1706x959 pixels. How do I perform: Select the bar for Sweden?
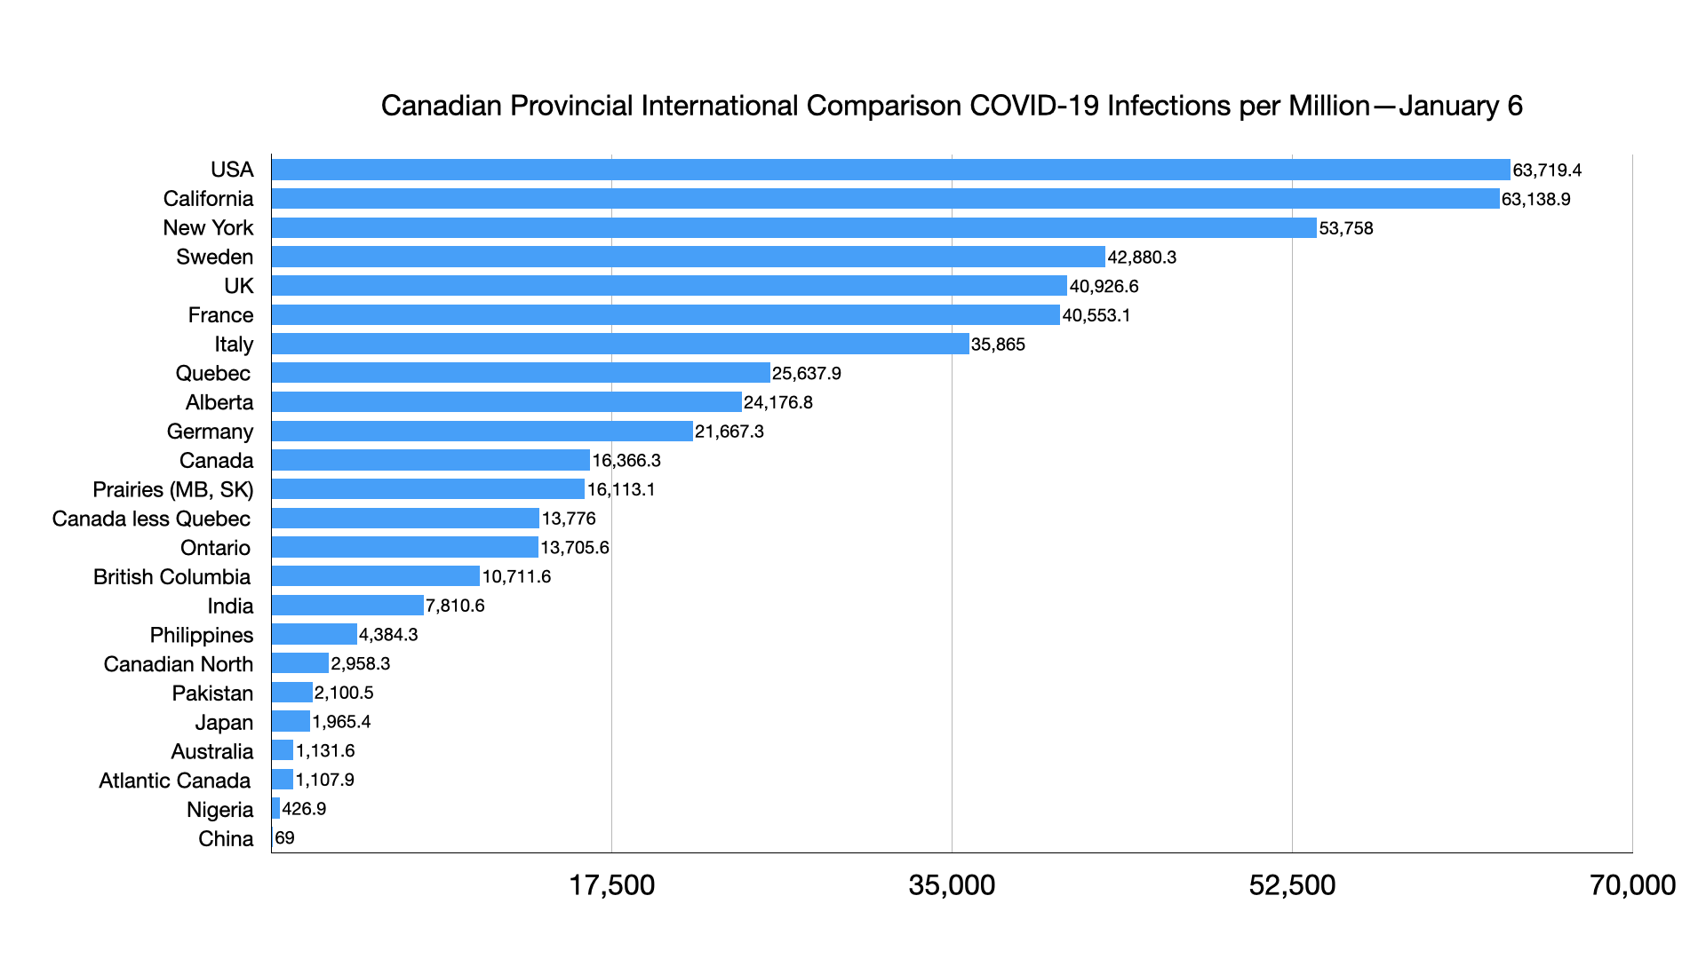tap(688, 257)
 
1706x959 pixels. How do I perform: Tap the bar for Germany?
tap(482, 432)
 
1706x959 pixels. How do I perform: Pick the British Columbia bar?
tap(375, 576)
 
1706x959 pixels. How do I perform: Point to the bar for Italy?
tap(620, 344)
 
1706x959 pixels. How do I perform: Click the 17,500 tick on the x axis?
tap(611, 885)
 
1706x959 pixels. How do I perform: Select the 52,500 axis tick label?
tap(1292, 885)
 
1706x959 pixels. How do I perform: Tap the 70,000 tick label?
tap(1632, 885)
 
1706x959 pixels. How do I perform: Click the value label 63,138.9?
tap(1535, 199)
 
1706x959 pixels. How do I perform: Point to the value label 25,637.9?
tap(806, 374)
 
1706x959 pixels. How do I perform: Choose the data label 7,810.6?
tap(455, 606)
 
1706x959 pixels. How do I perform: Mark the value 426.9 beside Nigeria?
tap(304, 809)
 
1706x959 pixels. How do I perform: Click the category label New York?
tap(208, 228)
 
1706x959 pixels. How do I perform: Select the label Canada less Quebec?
tap(151, 519)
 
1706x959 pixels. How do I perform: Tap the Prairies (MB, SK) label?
tap(172, 490)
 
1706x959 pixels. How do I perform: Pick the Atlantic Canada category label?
tap(174, 781)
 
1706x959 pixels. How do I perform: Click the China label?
tap(226, 839)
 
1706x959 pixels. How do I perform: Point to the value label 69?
tap(284, 838)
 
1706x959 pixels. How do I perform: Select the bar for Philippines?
tap(314, 634)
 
